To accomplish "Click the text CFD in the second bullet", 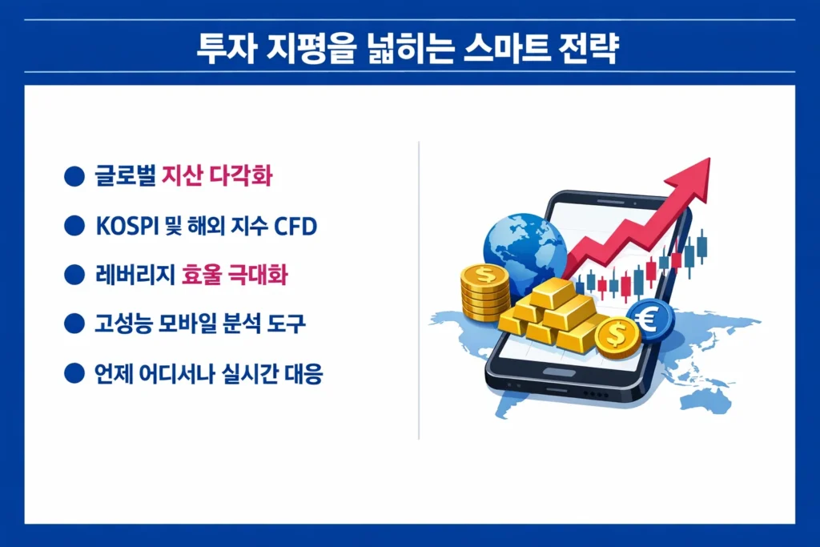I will [295, 227].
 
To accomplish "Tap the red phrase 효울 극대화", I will [235, 276].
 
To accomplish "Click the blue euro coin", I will [649, 319].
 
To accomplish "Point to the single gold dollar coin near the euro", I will [617, 336].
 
